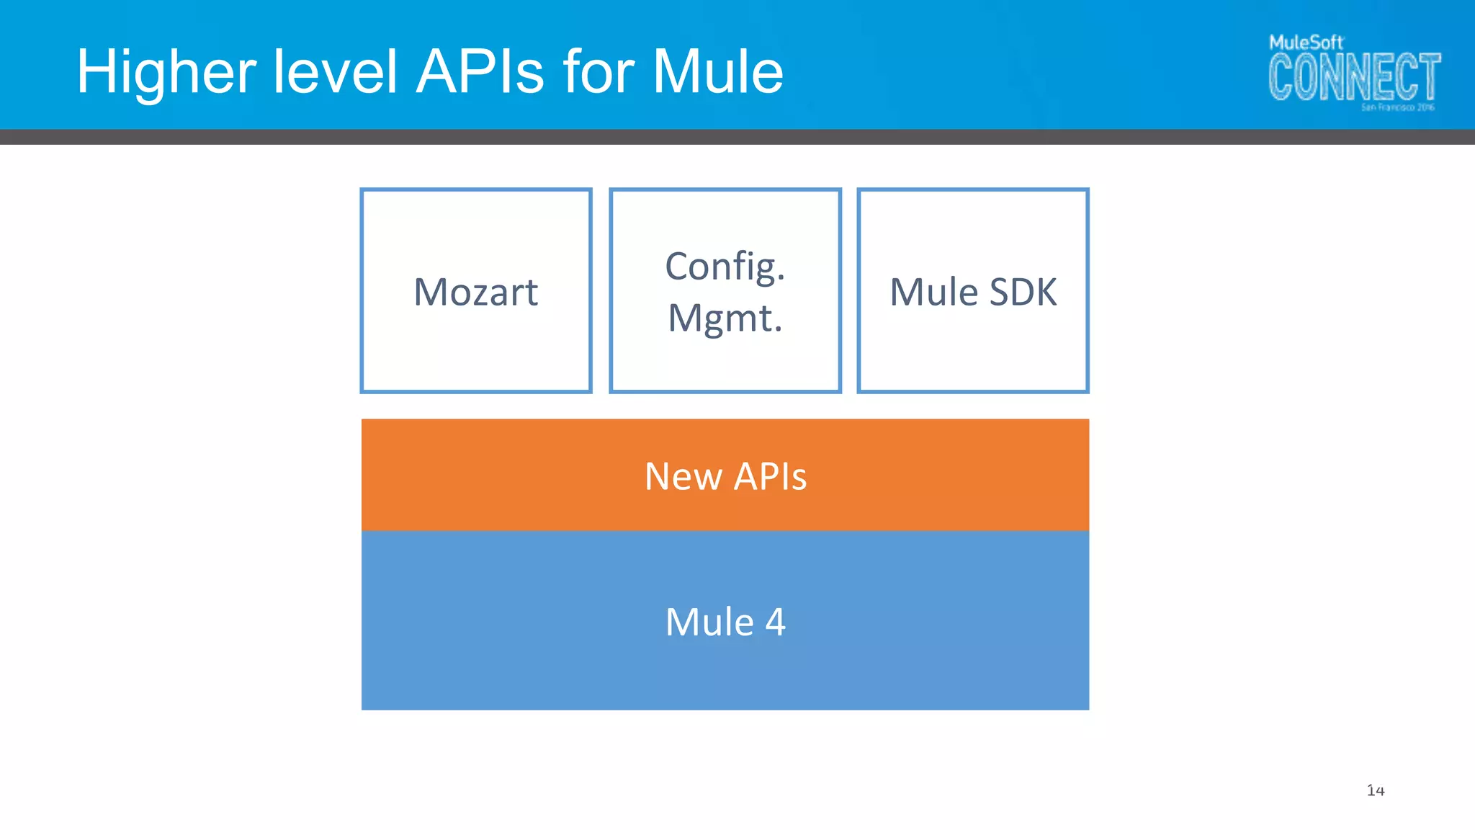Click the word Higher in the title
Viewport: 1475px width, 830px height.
[x=166, y=72]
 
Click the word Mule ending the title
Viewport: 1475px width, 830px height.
[x=718, y=72]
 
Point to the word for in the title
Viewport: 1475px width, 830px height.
[x=598, y=72]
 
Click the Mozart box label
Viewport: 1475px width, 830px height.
[x=475, y=292]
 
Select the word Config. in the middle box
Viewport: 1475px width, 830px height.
[x=725, y=267]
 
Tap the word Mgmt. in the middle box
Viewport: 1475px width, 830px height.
[x=725, y=318]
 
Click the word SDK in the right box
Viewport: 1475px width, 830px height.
[x=1023, y=292]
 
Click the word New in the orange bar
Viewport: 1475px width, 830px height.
[x=683, y=476]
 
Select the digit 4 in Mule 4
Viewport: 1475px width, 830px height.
[x=775, y=622]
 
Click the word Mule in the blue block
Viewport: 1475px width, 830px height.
[x=709, y=622]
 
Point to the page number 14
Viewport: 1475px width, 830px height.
[x=1376, y=790]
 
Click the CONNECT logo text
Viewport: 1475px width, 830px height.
[x=1354, y=76]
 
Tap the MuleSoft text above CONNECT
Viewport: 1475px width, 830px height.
[x=1305, y=43]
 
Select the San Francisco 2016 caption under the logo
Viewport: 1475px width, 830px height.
[x=1397, y=107]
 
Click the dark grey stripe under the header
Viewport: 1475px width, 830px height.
[x=737, y=137]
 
